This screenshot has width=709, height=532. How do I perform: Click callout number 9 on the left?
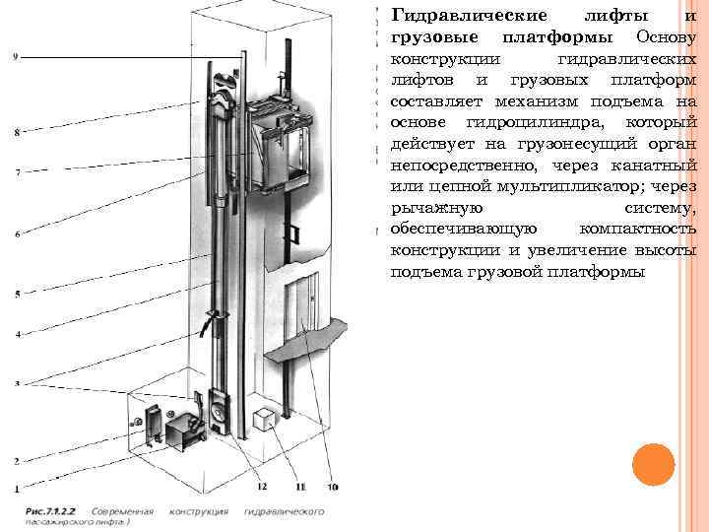[15, 56]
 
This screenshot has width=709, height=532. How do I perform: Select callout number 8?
[15, 131]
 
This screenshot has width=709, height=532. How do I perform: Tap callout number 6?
[17, 233]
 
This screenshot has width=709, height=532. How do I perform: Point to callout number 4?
[17, 335]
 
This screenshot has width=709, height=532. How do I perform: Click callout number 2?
[16, 460]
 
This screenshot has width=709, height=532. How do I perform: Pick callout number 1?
[16, 488]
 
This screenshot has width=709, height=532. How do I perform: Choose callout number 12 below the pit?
[262, 486]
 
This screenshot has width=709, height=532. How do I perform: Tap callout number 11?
[300, 486]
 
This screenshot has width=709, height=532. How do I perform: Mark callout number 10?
[332, 486]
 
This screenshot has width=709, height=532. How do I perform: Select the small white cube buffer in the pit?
[264, 420]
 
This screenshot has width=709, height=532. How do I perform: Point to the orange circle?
[653, 465]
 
